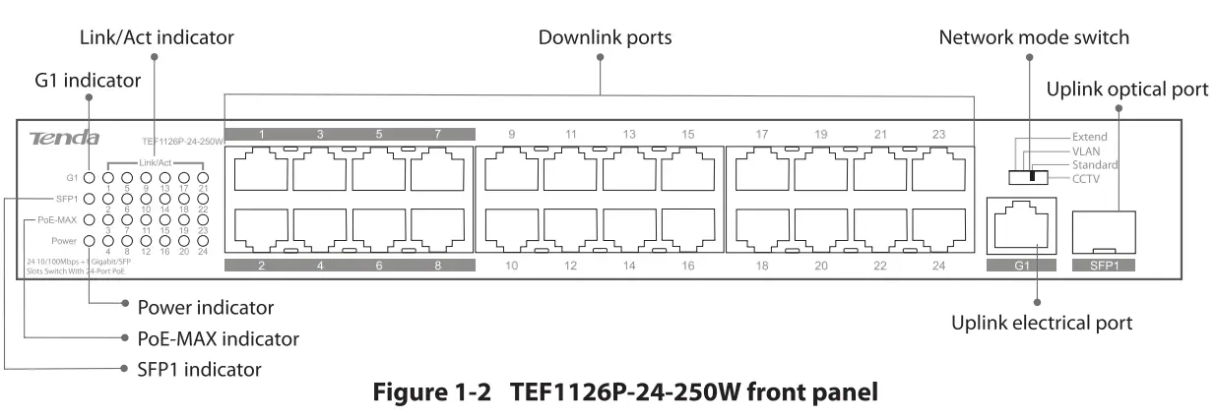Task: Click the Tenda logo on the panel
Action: [x=64, y=138]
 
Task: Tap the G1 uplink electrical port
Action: [x=1020, y=227]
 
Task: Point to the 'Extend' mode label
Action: [x=1089, y=137]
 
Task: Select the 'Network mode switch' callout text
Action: [x=1033, y=38]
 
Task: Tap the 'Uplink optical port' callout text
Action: [x=1126, y=90]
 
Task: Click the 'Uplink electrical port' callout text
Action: [x=1041, y=323]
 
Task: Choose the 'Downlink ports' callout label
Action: [x=605, y=38]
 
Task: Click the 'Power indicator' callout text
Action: [x=206, y=308]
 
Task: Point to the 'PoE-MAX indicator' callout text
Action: [x=218, y=338]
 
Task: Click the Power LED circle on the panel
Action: [x=90, y=240]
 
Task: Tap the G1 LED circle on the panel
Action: [x=90, y=179]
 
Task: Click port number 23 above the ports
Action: [x=938, y=134]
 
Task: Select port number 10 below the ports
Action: [x=511, y=266]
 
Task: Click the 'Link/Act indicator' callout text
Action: [x=157, y=38]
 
